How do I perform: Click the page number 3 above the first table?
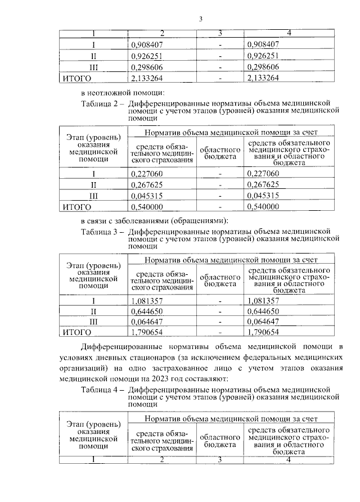coord(200,20)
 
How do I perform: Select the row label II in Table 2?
coord(93,184)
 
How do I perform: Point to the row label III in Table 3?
coord(93,322)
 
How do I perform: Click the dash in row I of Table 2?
coord(220,174)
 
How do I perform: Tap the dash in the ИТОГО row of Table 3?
coord(220,333)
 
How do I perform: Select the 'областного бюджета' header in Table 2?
coord(220,155)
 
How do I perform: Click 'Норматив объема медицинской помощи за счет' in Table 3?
coord(231,260)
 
